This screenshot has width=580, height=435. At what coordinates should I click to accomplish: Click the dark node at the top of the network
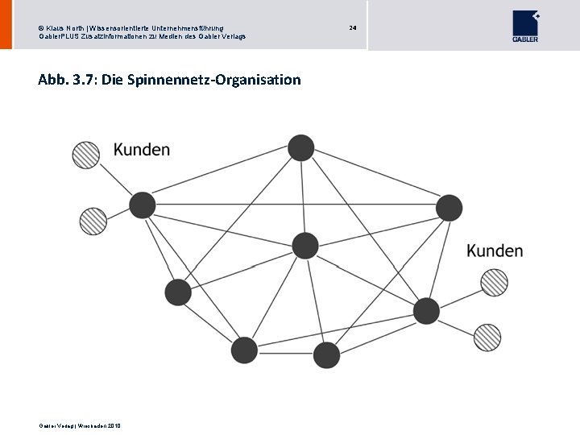[301, 147]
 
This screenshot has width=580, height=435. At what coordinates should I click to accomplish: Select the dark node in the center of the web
[305, 245]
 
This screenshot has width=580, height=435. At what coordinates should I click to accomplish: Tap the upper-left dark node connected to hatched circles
[143, 205]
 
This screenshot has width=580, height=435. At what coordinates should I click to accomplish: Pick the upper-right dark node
[449, 208]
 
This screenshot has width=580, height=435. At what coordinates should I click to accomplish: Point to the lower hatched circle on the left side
[91, 220]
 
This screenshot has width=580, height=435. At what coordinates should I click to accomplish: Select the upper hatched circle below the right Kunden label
[494, 282]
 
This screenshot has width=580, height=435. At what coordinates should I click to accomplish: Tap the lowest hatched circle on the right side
[487, 336]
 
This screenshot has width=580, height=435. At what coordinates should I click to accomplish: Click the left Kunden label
[142, 149]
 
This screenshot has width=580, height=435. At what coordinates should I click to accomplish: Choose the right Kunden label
[495, 251]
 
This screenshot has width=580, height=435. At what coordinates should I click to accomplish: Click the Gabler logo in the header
[525, 25]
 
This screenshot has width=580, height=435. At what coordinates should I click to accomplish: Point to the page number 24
[352, 28]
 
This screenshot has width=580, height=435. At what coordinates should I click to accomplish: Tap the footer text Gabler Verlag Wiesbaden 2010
[79, 425]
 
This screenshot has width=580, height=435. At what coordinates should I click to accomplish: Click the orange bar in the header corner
[6, 24]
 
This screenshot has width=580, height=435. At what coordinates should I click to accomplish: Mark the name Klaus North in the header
[61, 29]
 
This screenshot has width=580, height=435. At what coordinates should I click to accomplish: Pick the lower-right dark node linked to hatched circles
[426, 310]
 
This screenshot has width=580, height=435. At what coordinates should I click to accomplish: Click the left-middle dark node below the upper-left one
[177, 292]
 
